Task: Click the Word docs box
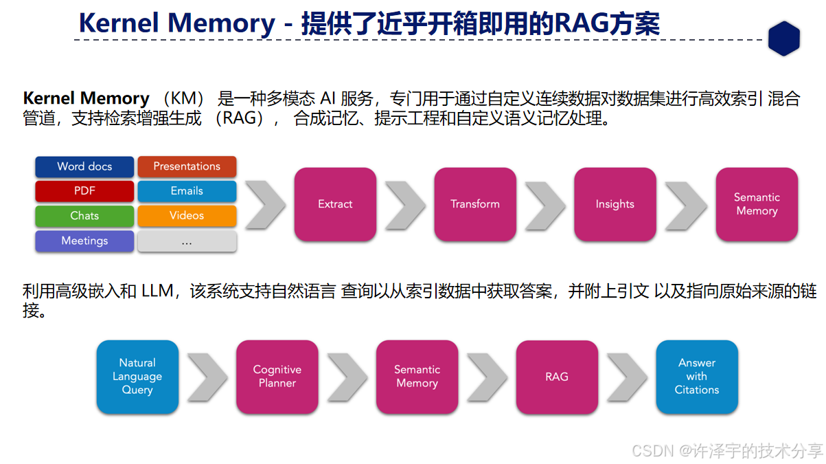84,166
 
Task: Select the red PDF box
84,191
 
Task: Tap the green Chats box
84,216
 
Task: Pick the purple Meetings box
84,241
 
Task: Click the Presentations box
187,166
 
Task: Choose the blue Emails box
187,191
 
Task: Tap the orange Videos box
187,216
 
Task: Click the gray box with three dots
187,241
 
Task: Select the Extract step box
335,204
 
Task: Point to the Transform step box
475,204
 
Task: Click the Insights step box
615,204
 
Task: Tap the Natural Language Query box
137,377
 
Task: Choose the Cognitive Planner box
277,377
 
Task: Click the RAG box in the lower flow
557,377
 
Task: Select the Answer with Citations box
697,377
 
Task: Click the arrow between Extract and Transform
406,204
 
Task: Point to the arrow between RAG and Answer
627,377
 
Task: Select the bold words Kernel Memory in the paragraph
87,98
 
